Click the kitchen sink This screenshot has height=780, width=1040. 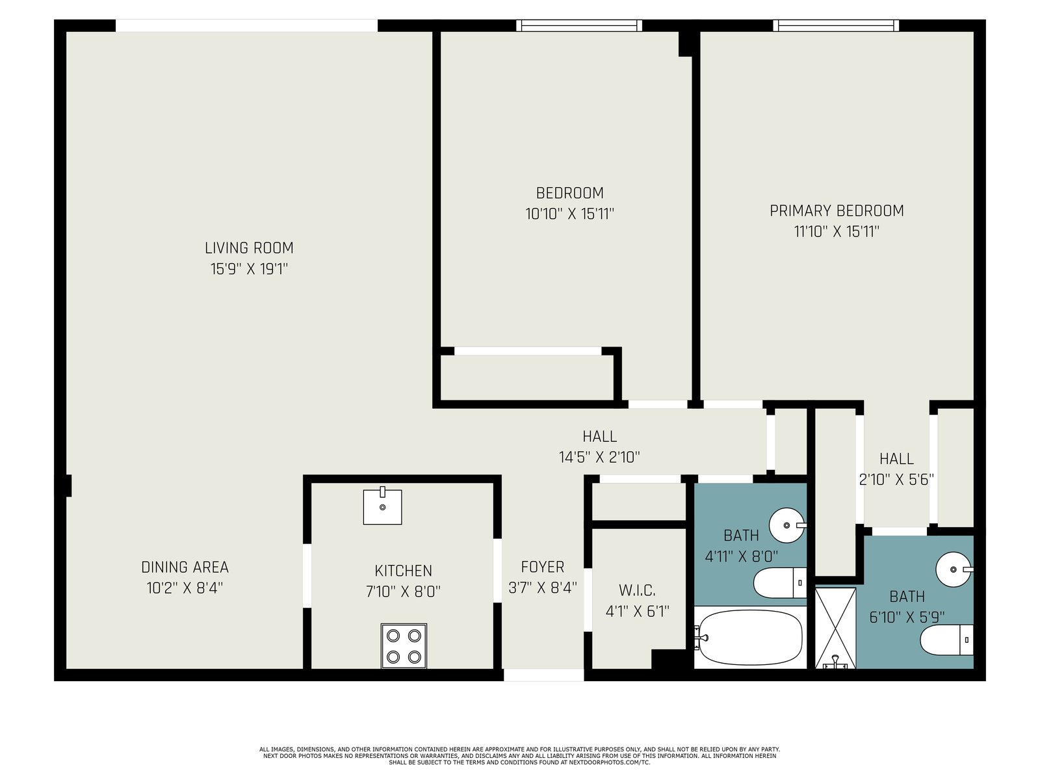point(382,506)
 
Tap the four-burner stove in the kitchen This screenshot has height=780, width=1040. point(403,645)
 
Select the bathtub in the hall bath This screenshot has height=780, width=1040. point(750,638)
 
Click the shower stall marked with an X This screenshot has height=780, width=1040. point(835,628)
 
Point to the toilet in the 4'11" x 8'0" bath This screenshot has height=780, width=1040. point(779,583)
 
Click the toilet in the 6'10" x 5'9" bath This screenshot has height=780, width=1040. point(946,640)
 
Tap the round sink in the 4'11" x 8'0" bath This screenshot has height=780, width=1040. point(787,525)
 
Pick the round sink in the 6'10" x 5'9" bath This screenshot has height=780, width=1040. point(954,570)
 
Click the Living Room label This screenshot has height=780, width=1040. point(249,248)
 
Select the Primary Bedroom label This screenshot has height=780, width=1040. point(837,211)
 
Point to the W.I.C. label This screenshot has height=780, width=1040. point(637,590)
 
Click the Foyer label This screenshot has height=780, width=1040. point(543,567)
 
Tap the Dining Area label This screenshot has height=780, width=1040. point(185,567)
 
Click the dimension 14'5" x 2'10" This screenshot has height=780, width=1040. point(599,457)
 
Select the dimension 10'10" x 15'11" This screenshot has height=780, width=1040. point(569,214)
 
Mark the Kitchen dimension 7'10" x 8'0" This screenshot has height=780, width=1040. point(403,591)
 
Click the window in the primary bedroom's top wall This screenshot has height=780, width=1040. point(836,25)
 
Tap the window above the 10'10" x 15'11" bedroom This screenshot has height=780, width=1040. point(579,25)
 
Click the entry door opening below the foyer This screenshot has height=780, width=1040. point(543,675)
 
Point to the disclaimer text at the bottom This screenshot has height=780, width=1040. point(520,756)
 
